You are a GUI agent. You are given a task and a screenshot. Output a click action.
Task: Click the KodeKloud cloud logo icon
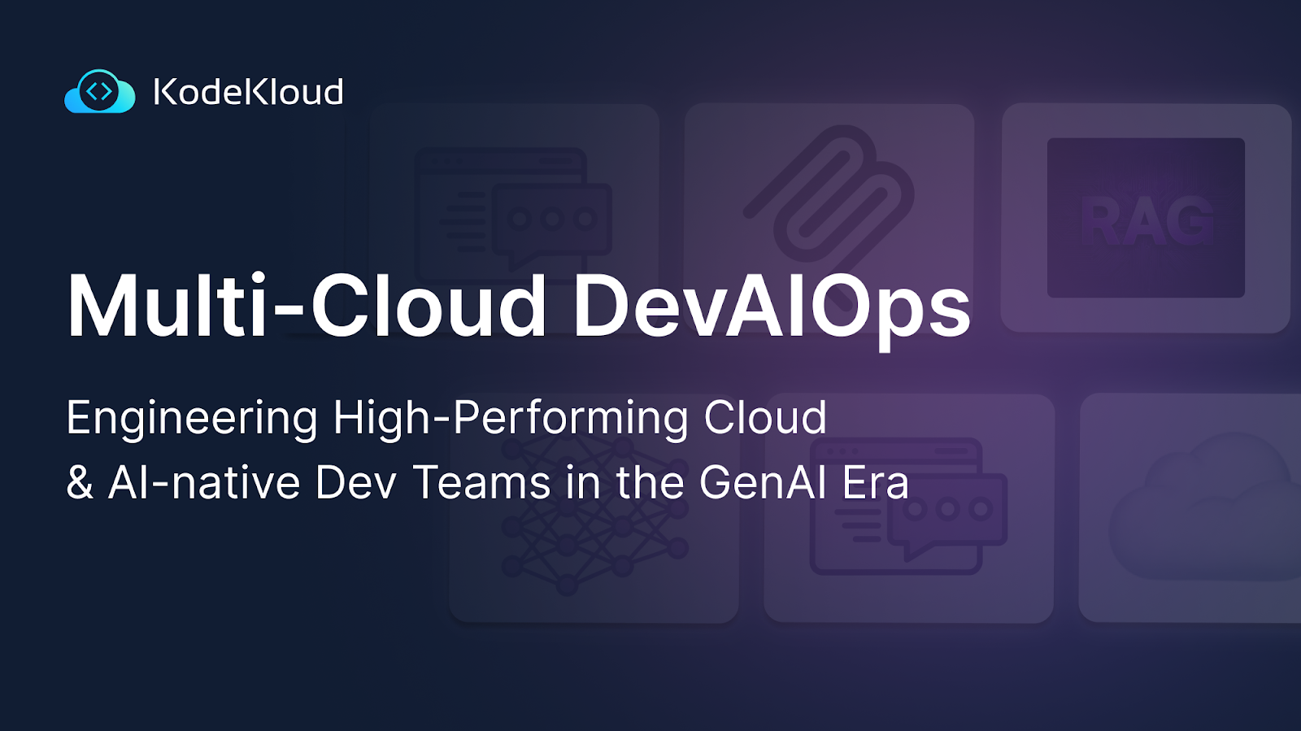(x=99, y=92)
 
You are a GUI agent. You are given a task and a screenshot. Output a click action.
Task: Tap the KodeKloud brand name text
(x=248, y=92)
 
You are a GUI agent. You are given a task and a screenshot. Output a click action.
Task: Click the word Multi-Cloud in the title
(x=307, y=306)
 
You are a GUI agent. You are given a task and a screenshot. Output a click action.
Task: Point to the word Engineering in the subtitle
(x=192, y=419)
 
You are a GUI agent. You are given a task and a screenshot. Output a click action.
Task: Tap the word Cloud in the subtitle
(x=765, y=418)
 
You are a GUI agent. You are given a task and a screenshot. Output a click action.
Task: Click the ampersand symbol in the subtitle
(x=80, y=483)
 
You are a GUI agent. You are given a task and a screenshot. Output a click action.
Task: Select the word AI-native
(x=204, y=483)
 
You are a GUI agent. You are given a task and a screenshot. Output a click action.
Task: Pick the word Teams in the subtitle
(x=482, y=483)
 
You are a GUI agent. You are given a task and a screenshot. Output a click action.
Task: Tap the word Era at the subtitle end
(x=876, y=483)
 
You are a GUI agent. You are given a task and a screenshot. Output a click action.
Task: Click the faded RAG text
(x=1147, y=220)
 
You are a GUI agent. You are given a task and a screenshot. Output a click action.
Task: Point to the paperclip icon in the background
(x=829, y=195)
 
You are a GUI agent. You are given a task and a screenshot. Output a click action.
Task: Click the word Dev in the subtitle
(x=356, y=483)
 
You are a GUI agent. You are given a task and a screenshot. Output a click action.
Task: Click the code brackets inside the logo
(x=99, y=91)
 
